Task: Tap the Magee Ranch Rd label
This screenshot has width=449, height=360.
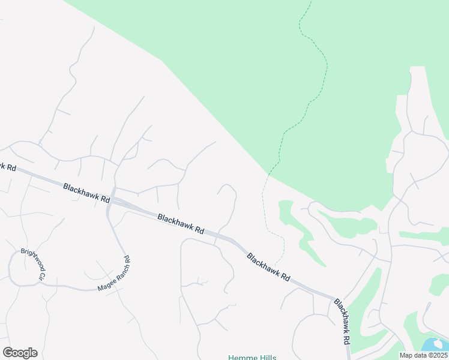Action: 113,274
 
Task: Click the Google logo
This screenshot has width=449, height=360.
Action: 20,353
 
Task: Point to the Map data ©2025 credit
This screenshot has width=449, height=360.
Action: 424,355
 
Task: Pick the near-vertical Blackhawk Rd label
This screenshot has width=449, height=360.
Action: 342,321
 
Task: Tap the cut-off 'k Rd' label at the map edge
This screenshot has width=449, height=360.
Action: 8,166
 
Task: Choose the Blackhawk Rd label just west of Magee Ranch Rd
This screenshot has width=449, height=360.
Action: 86,193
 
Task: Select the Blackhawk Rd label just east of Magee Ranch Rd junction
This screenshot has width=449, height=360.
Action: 181,223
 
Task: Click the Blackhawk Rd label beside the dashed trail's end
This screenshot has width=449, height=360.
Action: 268,267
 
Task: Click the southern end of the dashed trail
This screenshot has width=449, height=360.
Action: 276,264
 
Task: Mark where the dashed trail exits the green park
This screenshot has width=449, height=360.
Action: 269,175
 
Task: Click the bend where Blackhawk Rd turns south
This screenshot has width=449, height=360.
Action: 334,298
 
